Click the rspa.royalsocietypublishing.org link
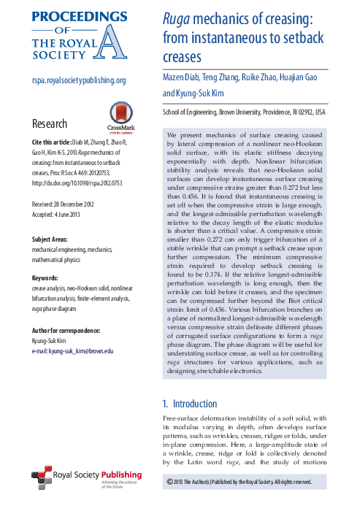[x=79, y=81]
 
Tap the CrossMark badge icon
[x=120, y=115]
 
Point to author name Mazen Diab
[x=185, y=78]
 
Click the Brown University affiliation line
[x=243, y=114]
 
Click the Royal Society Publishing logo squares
[x=43, y=480]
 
